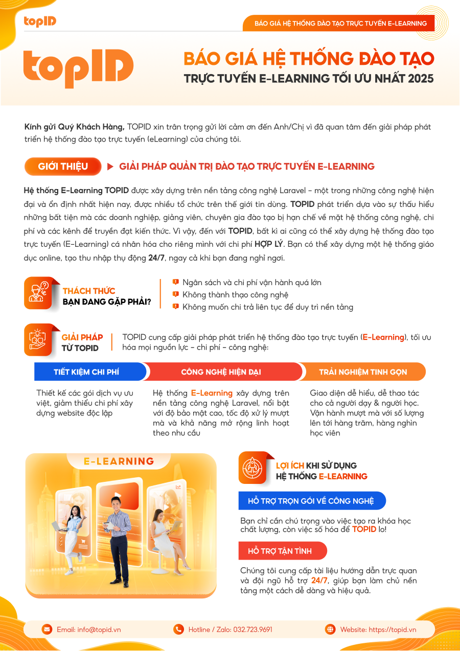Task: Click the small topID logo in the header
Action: point(40,21)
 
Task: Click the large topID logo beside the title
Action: point(78,68)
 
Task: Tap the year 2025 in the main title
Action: point(421,79)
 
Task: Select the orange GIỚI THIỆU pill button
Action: point(63,167)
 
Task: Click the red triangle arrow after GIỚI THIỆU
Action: point(110,167)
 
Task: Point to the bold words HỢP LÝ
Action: point(269,244)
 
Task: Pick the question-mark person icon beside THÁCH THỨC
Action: point(38,293)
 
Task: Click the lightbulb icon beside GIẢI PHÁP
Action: point(38,339)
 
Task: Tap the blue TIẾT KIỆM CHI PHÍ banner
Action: point(89,371)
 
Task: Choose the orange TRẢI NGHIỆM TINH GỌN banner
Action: point(362,371)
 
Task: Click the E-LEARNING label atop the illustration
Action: point(119,461)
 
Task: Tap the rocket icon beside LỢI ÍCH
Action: point(252,468)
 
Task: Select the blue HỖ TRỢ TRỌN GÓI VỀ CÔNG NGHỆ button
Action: point(312,501)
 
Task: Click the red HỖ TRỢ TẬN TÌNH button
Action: point(282,551)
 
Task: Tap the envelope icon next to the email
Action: point(47,630)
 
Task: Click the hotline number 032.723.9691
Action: point(252,630)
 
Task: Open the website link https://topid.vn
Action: point(392,630)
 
